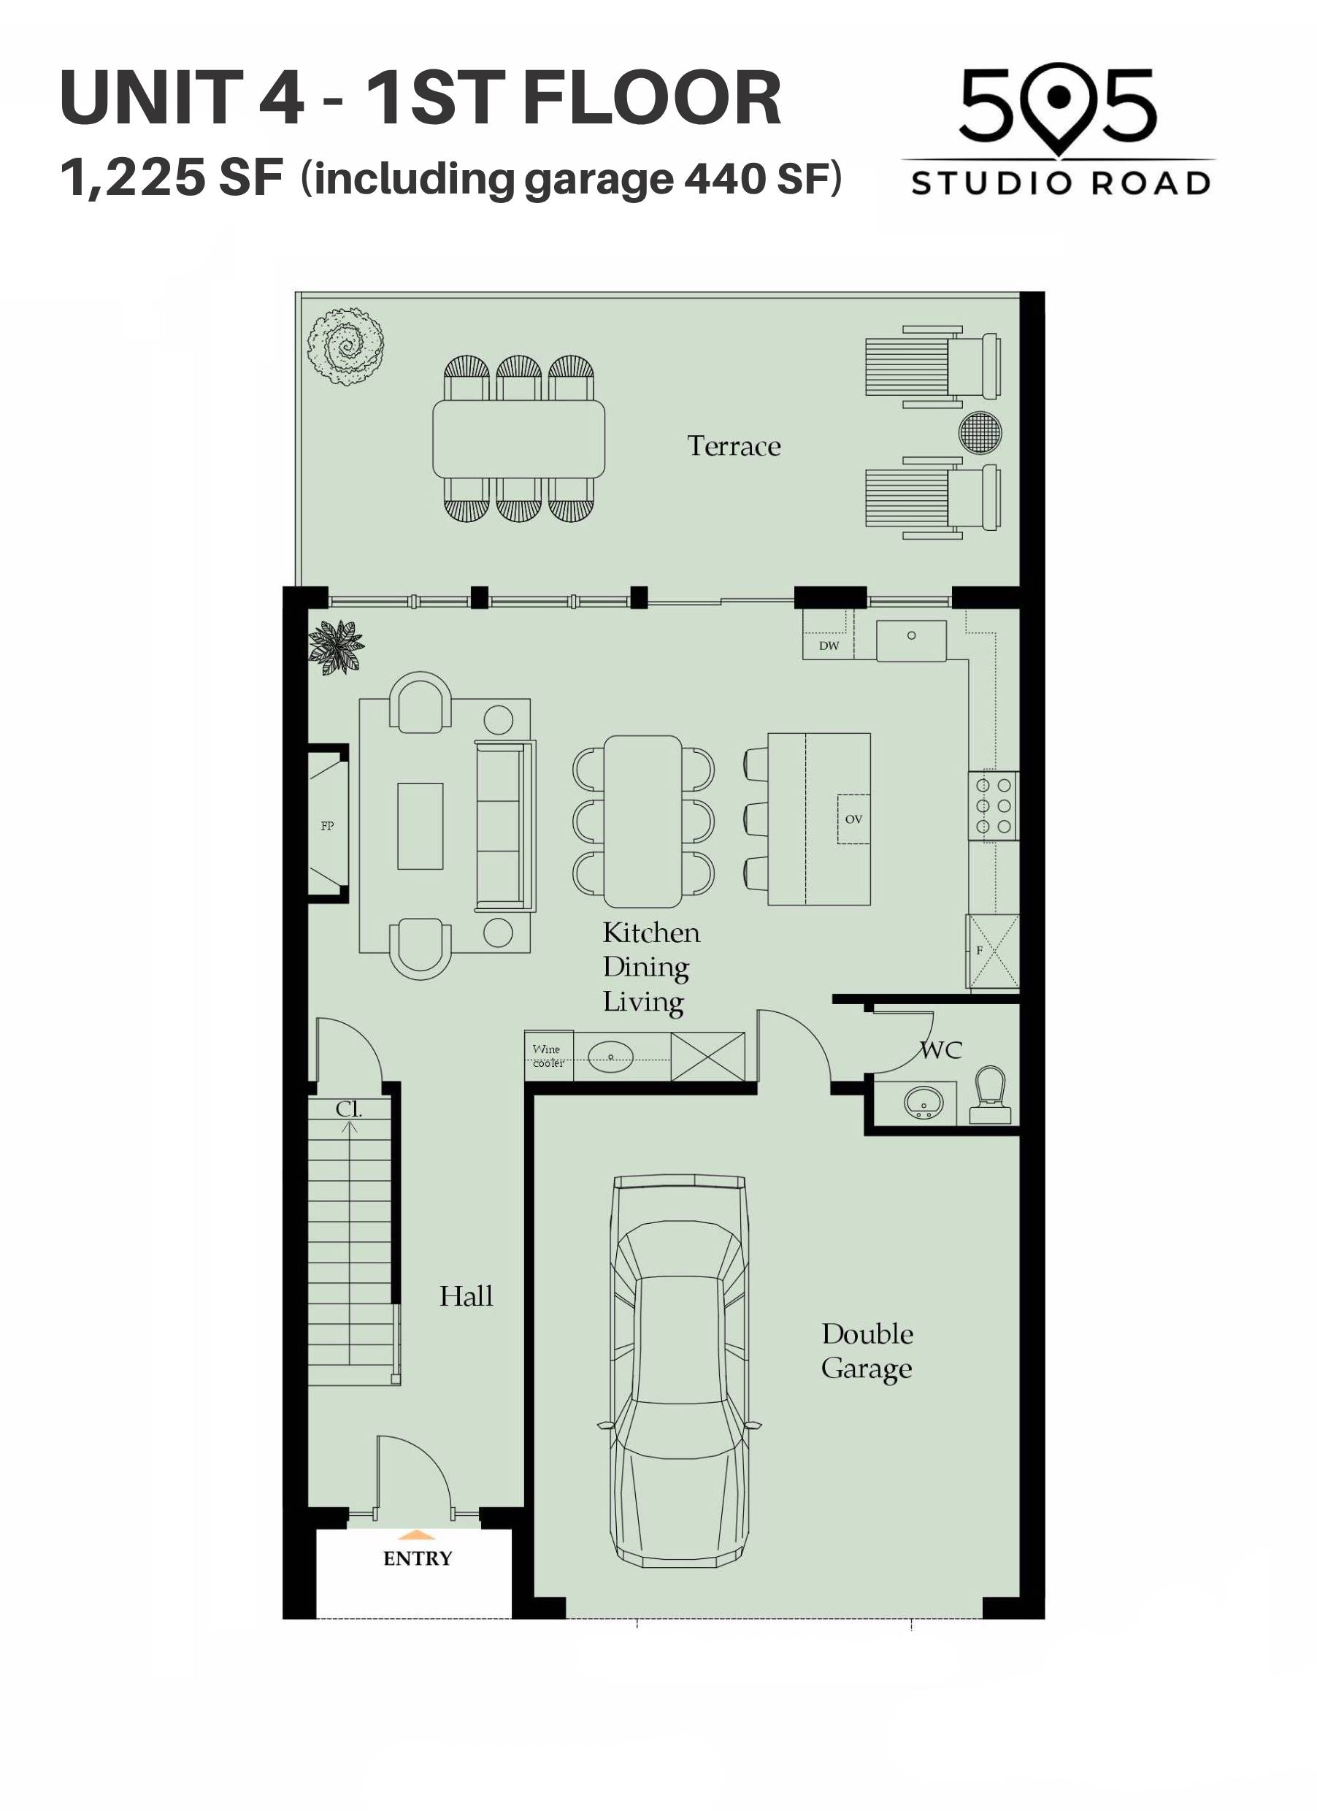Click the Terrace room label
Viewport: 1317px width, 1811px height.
(734, 445)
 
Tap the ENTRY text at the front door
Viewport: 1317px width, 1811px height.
(418, 1558)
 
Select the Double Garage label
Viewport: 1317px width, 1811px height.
(867, 1350)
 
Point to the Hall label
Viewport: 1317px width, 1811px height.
(466, 1295)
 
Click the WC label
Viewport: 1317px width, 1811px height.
(941, 1050)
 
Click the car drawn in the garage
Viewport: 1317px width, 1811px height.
(679, 1370)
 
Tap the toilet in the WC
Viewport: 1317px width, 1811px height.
(991, 1095)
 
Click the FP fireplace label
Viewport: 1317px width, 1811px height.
(327, 826)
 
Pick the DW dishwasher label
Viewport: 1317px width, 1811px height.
(829, 646)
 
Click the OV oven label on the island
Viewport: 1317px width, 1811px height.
(853, 819)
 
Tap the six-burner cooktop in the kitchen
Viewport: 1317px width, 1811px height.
(994, 805)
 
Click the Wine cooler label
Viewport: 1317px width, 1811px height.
(548, 1056)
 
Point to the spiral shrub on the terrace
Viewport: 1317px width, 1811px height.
(347, 348)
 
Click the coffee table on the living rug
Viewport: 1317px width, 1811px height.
(420, 826)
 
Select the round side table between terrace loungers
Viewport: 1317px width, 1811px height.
(980, 432)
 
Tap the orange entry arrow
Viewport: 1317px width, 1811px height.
(417, 1535)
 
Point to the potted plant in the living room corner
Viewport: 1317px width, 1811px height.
(335, 646)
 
